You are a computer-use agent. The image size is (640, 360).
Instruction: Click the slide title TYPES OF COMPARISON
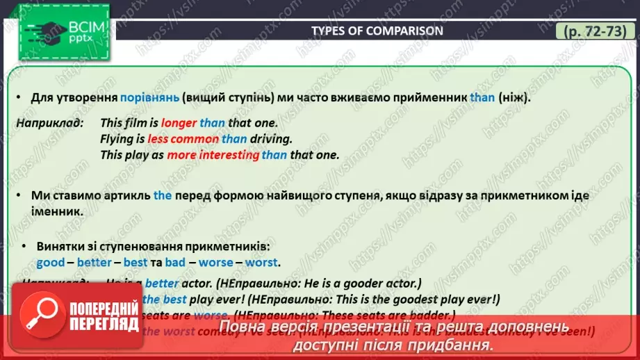pos(376,31)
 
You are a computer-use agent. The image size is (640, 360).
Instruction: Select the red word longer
pos(179,123)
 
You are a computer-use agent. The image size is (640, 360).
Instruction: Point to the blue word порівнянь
pos(149,97)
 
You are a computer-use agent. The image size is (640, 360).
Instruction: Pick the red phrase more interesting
pos(213,155)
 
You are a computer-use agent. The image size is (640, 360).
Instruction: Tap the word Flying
pos(117,139)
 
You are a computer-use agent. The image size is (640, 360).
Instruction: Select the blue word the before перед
pos(163,196)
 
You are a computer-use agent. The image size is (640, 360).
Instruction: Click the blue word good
pos(50,263)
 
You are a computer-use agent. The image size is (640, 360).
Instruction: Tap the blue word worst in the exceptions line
pos(261,263)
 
